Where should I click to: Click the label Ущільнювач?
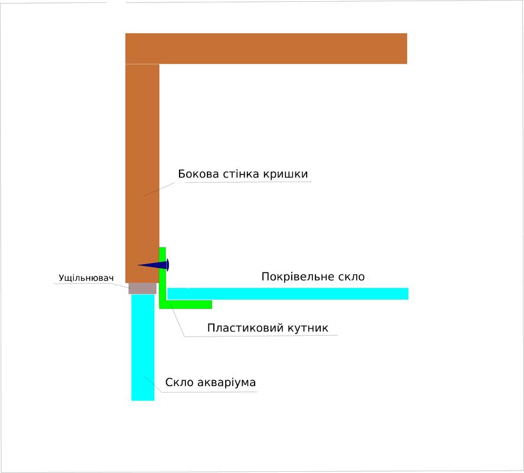pos(86,278)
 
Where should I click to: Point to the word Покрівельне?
pos(295,277)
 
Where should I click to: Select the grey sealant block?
pos(142,288)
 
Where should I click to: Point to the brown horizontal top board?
pos(266,48)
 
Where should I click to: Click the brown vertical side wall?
pos(142,166)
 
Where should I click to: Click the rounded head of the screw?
pos(167,265)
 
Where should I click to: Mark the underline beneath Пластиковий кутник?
pos(260,336)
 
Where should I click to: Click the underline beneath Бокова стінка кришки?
pos(248,182)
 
